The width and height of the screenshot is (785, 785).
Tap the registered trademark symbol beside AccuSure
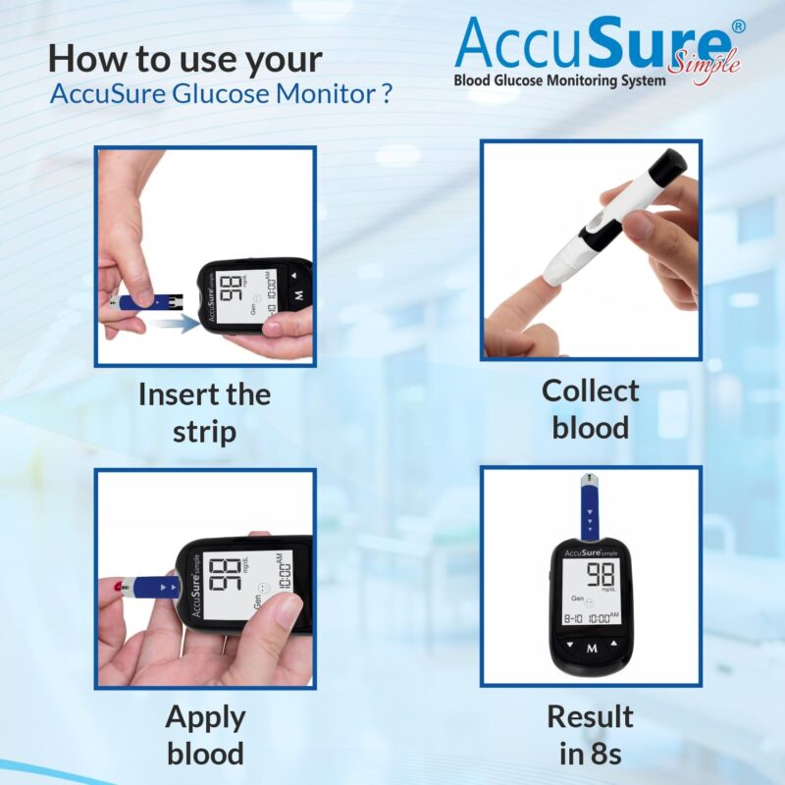738,26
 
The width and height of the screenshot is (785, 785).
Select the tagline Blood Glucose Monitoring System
559,79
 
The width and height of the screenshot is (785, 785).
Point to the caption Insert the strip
204,412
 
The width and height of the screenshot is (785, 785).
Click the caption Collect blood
590,408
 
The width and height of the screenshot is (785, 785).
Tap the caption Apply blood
204,734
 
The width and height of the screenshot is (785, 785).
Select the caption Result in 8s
590,734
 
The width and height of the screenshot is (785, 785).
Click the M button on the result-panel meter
592,649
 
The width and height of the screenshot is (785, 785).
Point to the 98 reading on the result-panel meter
602,576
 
